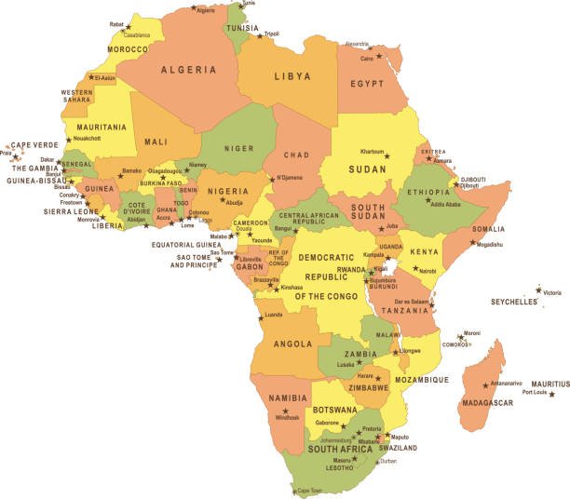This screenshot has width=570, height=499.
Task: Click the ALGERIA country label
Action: click(x=190, y=70)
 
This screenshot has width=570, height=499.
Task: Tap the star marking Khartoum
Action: click(x=387, y=156)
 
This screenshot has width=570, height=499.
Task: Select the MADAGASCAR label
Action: click(x=486, y=402)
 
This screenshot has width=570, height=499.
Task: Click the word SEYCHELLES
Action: click(x=514, y=303)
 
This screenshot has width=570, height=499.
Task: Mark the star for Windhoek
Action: click(x=285, y=411)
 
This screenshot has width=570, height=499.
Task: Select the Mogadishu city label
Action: click(x=489, y=245)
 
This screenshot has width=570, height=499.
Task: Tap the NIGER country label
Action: click(x=238, y=148)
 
